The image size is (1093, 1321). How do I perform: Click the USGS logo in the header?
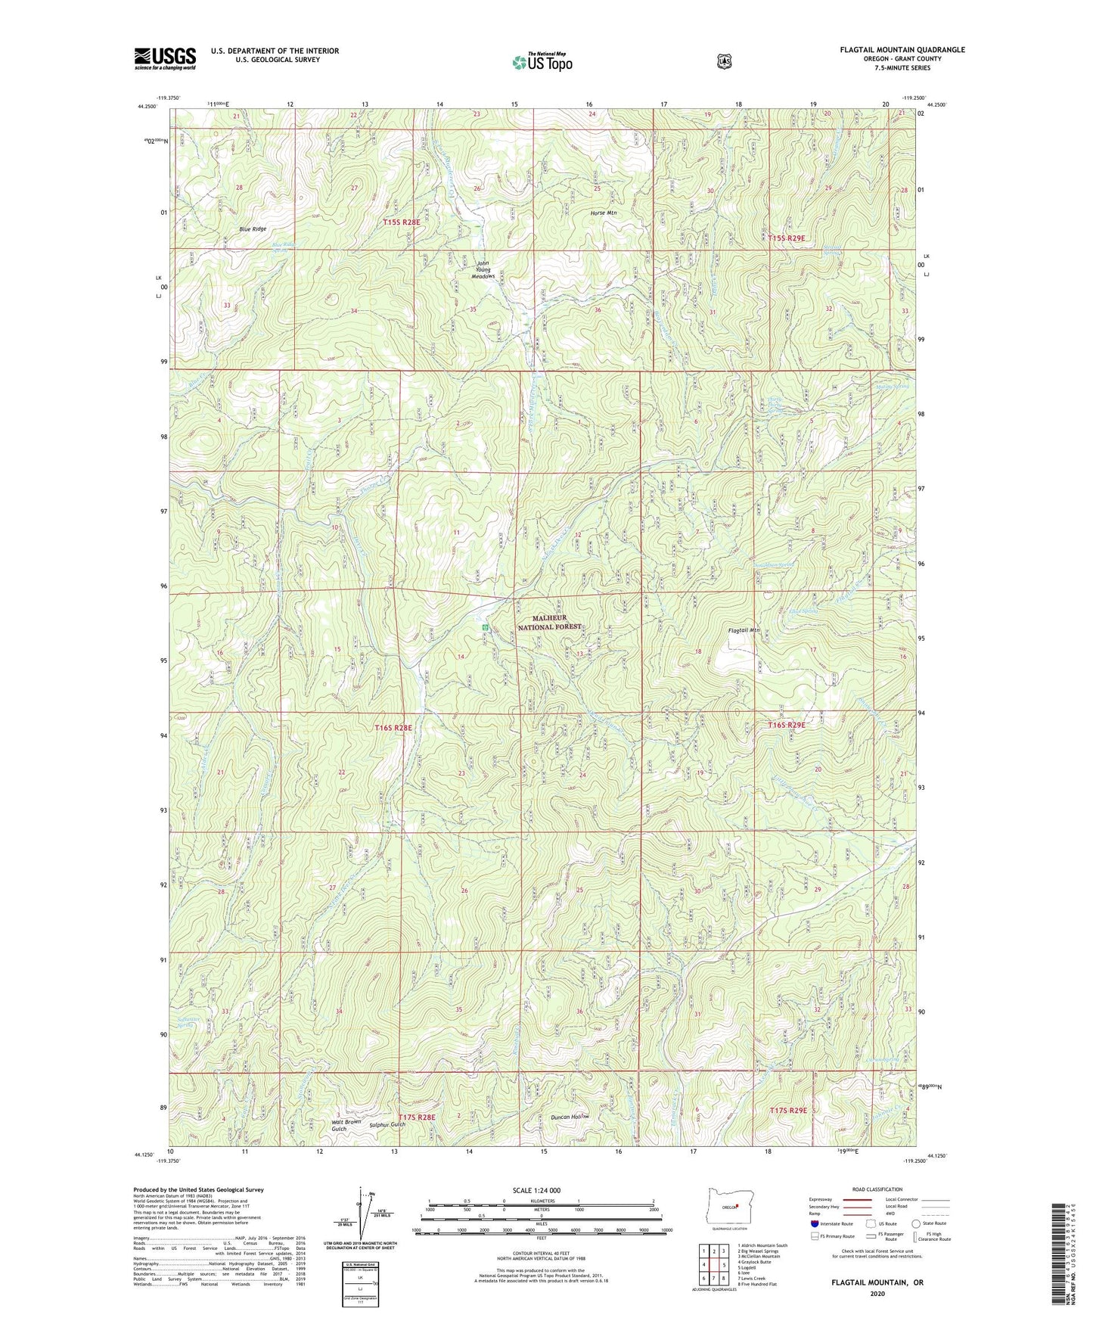click(165, 58)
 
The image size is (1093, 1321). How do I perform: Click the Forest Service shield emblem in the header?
click(724, 61)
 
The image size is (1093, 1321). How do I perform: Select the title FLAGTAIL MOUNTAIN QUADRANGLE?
click(902, 50)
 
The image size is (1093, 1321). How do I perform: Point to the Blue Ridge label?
click(253, 228)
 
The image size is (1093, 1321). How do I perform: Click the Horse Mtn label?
click(604, 213)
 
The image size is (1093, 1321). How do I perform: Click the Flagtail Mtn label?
click(743, 629)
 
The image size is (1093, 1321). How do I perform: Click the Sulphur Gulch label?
click(388, 1124)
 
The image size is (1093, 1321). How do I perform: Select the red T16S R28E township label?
click(393, 727)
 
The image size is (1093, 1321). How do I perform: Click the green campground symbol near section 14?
click(484, 627)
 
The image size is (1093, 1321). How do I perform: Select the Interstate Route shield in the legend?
click(814, 1223)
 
